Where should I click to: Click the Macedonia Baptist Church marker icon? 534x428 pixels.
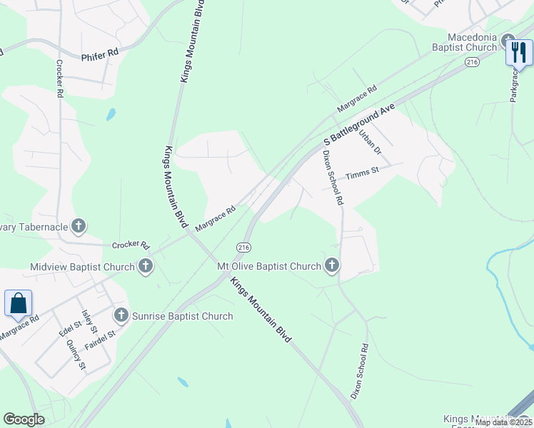[508, 41]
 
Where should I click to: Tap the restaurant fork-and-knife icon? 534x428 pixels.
[519, 52]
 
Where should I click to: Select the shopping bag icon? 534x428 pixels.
[18, 302]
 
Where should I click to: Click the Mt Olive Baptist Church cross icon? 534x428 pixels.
[331, 266]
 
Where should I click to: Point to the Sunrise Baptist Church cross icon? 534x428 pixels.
[121, 315]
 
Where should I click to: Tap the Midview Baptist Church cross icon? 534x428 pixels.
[145, 267]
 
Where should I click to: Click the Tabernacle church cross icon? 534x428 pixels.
[79, 227]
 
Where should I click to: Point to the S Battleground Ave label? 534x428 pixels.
[359, 125]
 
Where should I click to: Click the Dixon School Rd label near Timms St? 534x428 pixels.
[332, 178]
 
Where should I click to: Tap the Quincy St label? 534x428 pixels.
[76, 355]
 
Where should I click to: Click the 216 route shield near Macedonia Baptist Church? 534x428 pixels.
[472, 63]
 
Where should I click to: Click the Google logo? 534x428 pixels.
[24, 419]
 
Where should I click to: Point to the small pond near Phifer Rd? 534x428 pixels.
[111, 113]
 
